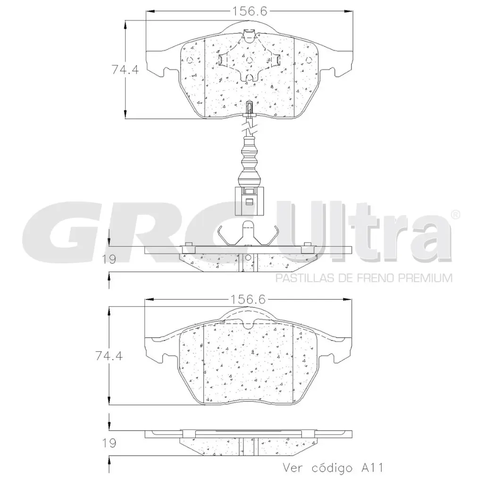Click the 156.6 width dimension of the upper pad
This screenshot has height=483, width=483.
point(249,11)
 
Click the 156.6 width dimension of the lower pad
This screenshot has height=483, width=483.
point(248,299)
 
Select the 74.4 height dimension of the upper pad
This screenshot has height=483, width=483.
point(125,70)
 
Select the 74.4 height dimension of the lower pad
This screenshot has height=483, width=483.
point(109,356)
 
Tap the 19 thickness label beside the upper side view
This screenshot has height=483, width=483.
point(109,259)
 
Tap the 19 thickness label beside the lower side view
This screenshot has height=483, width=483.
point(109,443)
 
